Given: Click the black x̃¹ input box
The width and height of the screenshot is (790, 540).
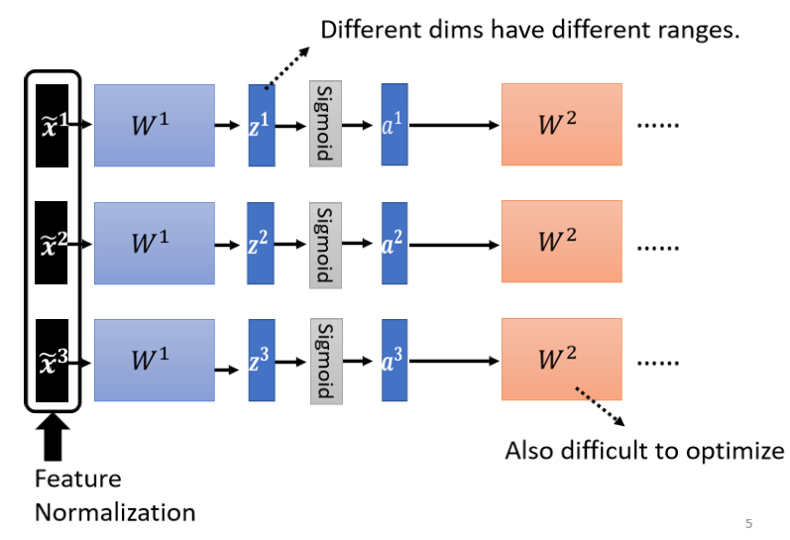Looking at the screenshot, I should tap(51, 125).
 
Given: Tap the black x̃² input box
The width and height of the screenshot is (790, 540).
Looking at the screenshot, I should tap(51, 243).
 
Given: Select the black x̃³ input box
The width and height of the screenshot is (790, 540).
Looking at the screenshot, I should tap(51, 360).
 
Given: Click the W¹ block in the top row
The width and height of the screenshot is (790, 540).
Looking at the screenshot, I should tap(154, 125).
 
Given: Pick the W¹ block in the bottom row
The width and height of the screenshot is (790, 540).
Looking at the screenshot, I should tap(154, 360).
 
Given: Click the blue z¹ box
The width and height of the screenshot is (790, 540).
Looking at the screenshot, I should tap(261, 125).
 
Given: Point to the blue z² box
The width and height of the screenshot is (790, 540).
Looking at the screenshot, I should tap(261, 243).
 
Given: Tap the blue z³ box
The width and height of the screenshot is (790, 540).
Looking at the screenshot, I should tap(261, 360).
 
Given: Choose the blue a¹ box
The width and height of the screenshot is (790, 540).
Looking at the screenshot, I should tap(394, 125).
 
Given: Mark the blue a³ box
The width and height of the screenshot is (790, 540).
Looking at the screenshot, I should tap(394, 360).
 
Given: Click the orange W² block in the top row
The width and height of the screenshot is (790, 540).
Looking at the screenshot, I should tap(561, 125).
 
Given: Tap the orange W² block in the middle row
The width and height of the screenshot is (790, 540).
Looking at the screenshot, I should tap(561, 241).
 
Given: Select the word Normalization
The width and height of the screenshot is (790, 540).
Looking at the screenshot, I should tap(115, 513).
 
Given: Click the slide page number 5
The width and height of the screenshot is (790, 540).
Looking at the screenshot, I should tap(748, 522).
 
